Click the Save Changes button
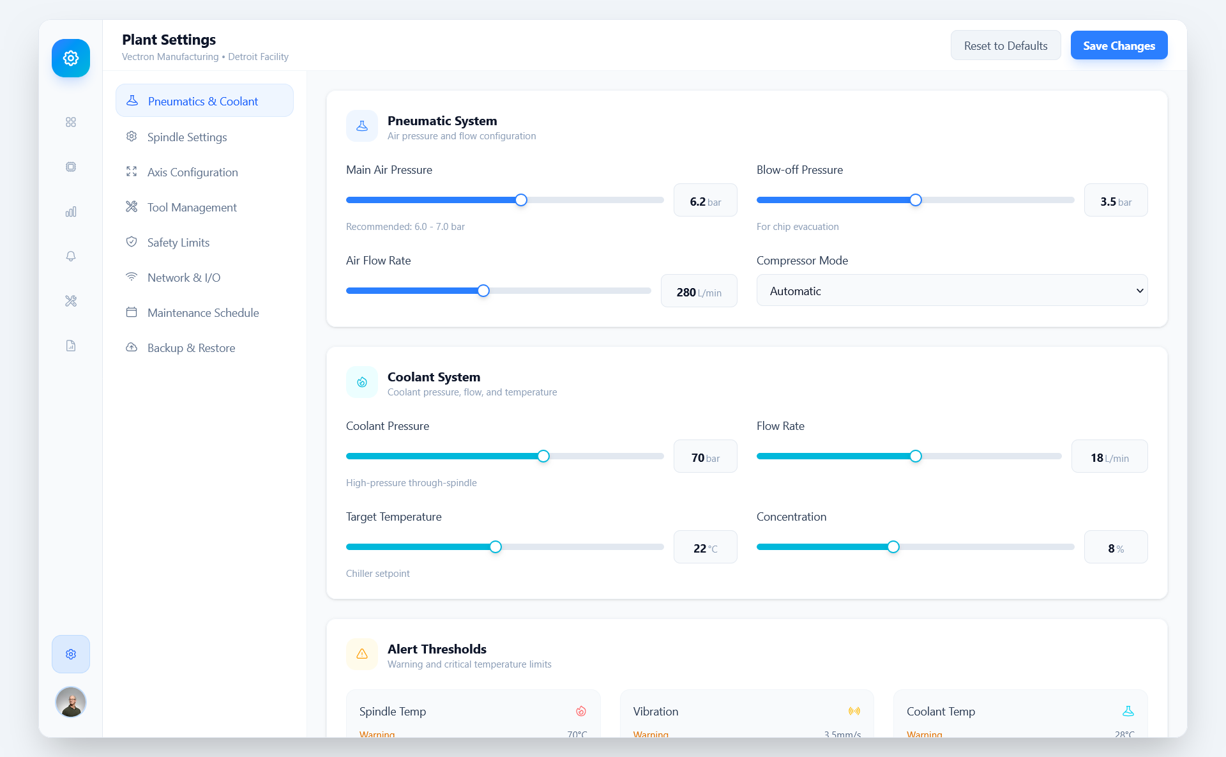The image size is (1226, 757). coord(1119,45)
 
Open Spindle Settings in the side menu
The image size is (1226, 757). coord(186,137)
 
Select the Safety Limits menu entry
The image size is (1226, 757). coord(178,243)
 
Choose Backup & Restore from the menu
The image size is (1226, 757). coord(191,348)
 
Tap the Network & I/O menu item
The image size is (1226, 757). coord(183,278)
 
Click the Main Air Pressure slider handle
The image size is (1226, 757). coord(521,200)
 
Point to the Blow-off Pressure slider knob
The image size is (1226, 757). coord(916,200)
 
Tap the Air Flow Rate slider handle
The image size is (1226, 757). coord(483,291)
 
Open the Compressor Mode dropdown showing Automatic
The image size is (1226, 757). coord(951,291)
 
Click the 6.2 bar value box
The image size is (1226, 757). coord(705,201)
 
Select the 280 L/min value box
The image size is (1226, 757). coord(699,292)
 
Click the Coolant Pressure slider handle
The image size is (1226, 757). coord(543,456)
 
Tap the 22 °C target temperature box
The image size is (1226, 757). coord(705,548)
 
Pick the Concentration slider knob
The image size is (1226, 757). coord(893,547)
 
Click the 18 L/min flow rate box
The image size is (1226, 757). coord(1109,457)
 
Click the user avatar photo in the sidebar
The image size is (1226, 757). coord(71,702)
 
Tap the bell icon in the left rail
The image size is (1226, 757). coord(71,256)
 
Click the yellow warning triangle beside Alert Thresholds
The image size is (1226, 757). coord(362,654)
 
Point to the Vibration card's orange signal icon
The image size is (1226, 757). coord(854,711)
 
